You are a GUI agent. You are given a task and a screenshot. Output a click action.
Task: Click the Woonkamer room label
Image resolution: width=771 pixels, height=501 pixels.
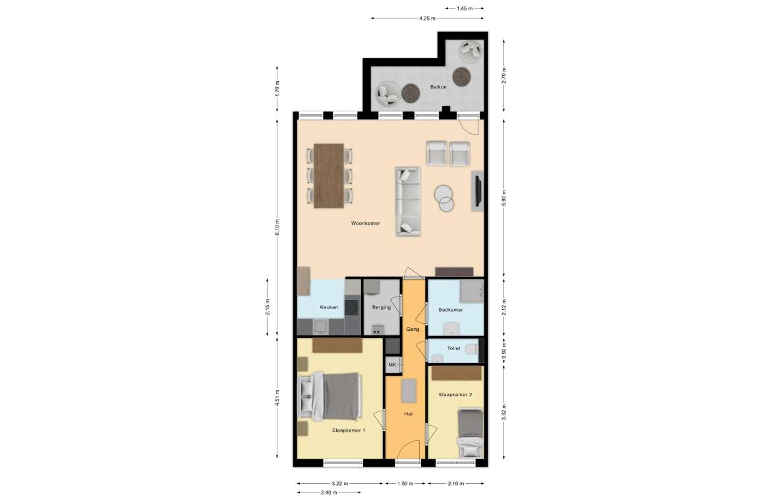click(365, 223)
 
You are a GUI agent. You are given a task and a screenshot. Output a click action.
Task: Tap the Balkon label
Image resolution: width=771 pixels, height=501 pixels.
click(438, 87)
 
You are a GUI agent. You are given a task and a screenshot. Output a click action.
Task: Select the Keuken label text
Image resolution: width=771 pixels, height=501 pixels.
click(329, 307)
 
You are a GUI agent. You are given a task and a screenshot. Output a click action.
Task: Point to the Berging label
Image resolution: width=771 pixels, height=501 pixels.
click(382, 307)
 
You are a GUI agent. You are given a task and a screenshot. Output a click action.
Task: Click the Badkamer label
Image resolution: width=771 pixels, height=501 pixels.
click(450, 310)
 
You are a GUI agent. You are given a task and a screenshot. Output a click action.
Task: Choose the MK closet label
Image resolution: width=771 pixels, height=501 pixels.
click(392, 365)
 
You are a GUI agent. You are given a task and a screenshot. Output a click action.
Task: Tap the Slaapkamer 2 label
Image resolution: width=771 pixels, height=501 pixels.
click(455, 394)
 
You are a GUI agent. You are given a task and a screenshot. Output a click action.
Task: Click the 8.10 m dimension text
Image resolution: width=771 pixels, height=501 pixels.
click(277, 227)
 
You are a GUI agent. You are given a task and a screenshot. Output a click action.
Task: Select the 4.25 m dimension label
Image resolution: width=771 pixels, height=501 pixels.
click(427, 18)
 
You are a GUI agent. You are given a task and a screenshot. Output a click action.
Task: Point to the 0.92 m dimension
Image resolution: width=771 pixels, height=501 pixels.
click(503, 351)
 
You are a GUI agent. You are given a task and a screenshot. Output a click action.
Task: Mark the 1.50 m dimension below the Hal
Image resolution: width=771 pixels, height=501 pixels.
click(405, 484)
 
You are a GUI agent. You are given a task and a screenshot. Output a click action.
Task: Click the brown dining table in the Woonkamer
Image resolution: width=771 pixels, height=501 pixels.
click(328, 175)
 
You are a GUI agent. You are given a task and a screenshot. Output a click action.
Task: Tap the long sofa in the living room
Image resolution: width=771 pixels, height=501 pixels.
click(408, 202)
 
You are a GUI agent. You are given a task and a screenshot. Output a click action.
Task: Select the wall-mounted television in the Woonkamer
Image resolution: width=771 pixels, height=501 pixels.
click(476, 191)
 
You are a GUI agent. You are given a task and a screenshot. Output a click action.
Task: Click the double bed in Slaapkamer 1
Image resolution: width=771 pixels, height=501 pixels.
click(330, 396)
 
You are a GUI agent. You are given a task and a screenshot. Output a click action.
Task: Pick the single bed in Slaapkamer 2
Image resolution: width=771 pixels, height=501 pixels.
click(470, 432)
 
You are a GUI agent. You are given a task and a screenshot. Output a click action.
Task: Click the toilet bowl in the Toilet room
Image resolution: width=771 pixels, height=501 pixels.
click(471, 349)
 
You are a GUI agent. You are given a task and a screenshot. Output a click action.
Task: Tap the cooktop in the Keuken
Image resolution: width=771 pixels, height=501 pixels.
click(352, 307)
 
